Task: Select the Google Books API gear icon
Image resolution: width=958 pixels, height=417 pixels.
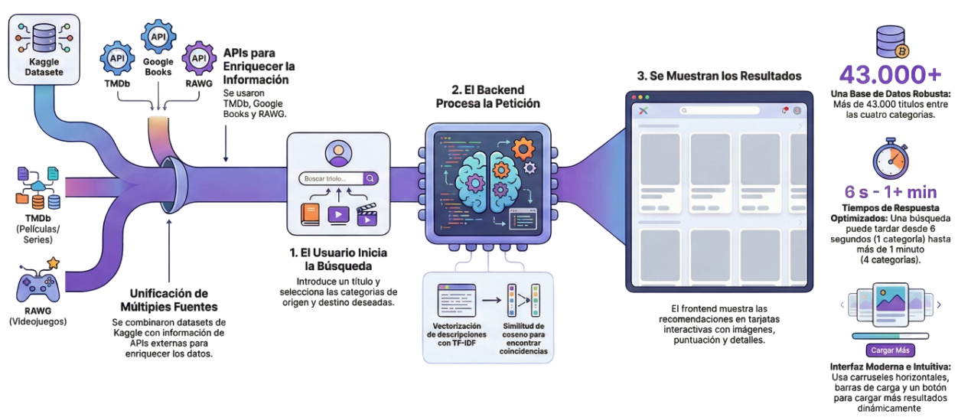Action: [159, 37]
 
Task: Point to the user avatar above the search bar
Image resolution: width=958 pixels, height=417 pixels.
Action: [337, 154]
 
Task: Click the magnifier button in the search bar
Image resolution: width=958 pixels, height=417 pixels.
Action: [370, 178]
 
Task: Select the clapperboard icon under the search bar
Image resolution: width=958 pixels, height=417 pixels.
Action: [368, 213]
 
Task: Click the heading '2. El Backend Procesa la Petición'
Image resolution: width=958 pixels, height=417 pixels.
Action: [488, 96]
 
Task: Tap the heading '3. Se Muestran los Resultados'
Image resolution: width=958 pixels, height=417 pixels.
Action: [719, 77]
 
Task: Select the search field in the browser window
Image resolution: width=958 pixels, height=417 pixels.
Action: [718, 110]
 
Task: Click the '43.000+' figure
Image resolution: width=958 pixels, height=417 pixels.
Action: [890, 74]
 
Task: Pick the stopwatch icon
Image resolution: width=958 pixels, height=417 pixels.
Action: [891, 159]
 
